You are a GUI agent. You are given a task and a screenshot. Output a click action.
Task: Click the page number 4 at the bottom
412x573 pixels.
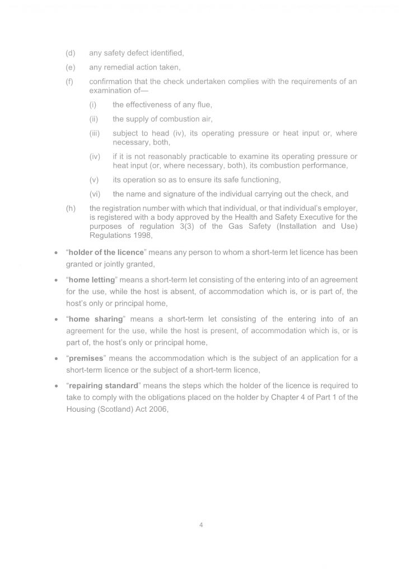(x=201, y=525)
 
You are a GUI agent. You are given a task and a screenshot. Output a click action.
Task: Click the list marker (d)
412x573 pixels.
(x=71, y=53)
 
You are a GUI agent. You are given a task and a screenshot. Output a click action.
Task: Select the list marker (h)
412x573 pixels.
(x=71, y=209)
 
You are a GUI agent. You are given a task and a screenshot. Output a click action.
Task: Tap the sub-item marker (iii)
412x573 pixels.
(x=95, y=134)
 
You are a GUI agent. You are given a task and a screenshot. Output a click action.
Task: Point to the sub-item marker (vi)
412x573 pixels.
(x=95, y=194)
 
